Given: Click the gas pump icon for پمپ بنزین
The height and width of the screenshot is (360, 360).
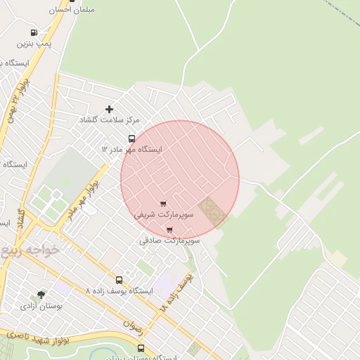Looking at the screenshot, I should (x=34, y=32).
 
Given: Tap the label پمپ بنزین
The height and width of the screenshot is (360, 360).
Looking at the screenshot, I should (x=34, y=44).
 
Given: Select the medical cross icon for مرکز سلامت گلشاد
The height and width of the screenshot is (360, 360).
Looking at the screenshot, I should (x=109, y=109).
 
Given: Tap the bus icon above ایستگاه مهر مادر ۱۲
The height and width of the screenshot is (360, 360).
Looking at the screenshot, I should (x=131, y=139).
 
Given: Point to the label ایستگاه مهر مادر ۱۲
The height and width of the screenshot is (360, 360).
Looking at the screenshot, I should (x=131, y=150).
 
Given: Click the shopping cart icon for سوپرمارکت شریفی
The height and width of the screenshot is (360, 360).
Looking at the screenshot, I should (x=163, y=203).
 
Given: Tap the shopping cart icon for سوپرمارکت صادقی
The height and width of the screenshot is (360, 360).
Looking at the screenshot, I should (x=169, y=229).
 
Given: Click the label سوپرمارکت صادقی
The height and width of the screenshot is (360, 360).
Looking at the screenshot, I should (x=169, y=240).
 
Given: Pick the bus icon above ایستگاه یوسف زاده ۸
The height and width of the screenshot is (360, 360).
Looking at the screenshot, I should (x=118, y=279).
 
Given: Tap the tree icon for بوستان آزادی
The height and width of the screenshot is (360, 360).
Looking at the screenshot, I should (x=41, y=295).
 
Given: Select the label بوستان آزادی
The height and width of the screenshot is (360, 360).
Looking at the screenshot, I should (x=41, y=306).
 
